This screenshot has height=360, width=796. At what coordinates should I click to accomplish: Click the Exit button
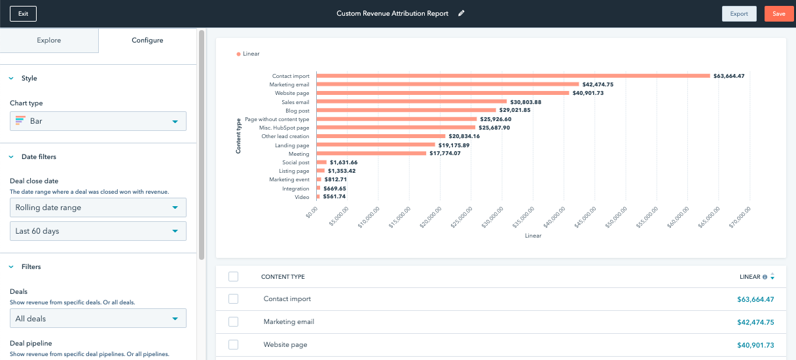[24, 14]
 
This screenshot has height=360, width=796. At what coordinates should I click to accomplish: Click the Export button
[739, 14]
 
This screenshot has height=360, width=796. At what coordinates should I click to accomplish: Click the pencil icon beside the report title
[461, 14]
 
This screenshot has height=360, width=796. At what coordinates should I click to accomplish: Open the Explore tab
[49, 41]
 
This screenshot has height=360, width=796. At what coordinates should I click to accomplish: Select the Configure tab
[147, 41]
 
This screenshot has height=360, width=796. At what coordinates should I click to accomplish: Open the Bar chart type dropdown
[98, 121]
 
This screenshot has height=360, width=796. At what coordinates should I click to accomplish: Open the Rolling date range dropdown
[98, 207]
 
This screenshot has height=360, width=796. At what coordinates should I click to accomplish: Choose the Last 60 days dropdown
[98, 231]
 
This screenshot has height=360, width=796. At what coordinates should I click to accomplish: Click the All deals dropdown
[98, 319]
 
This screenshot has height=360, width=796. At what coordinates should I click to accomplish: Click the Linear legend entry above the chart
[248, 54]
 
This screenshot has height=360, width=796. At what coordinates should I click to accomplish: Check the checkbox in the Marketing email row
[234, 322]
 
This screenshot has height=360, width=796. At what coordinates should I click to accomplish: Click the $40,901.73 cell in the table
[755, 345]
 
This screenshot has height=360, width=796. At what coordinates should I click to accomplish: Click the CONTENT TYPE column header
[283, 277]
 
